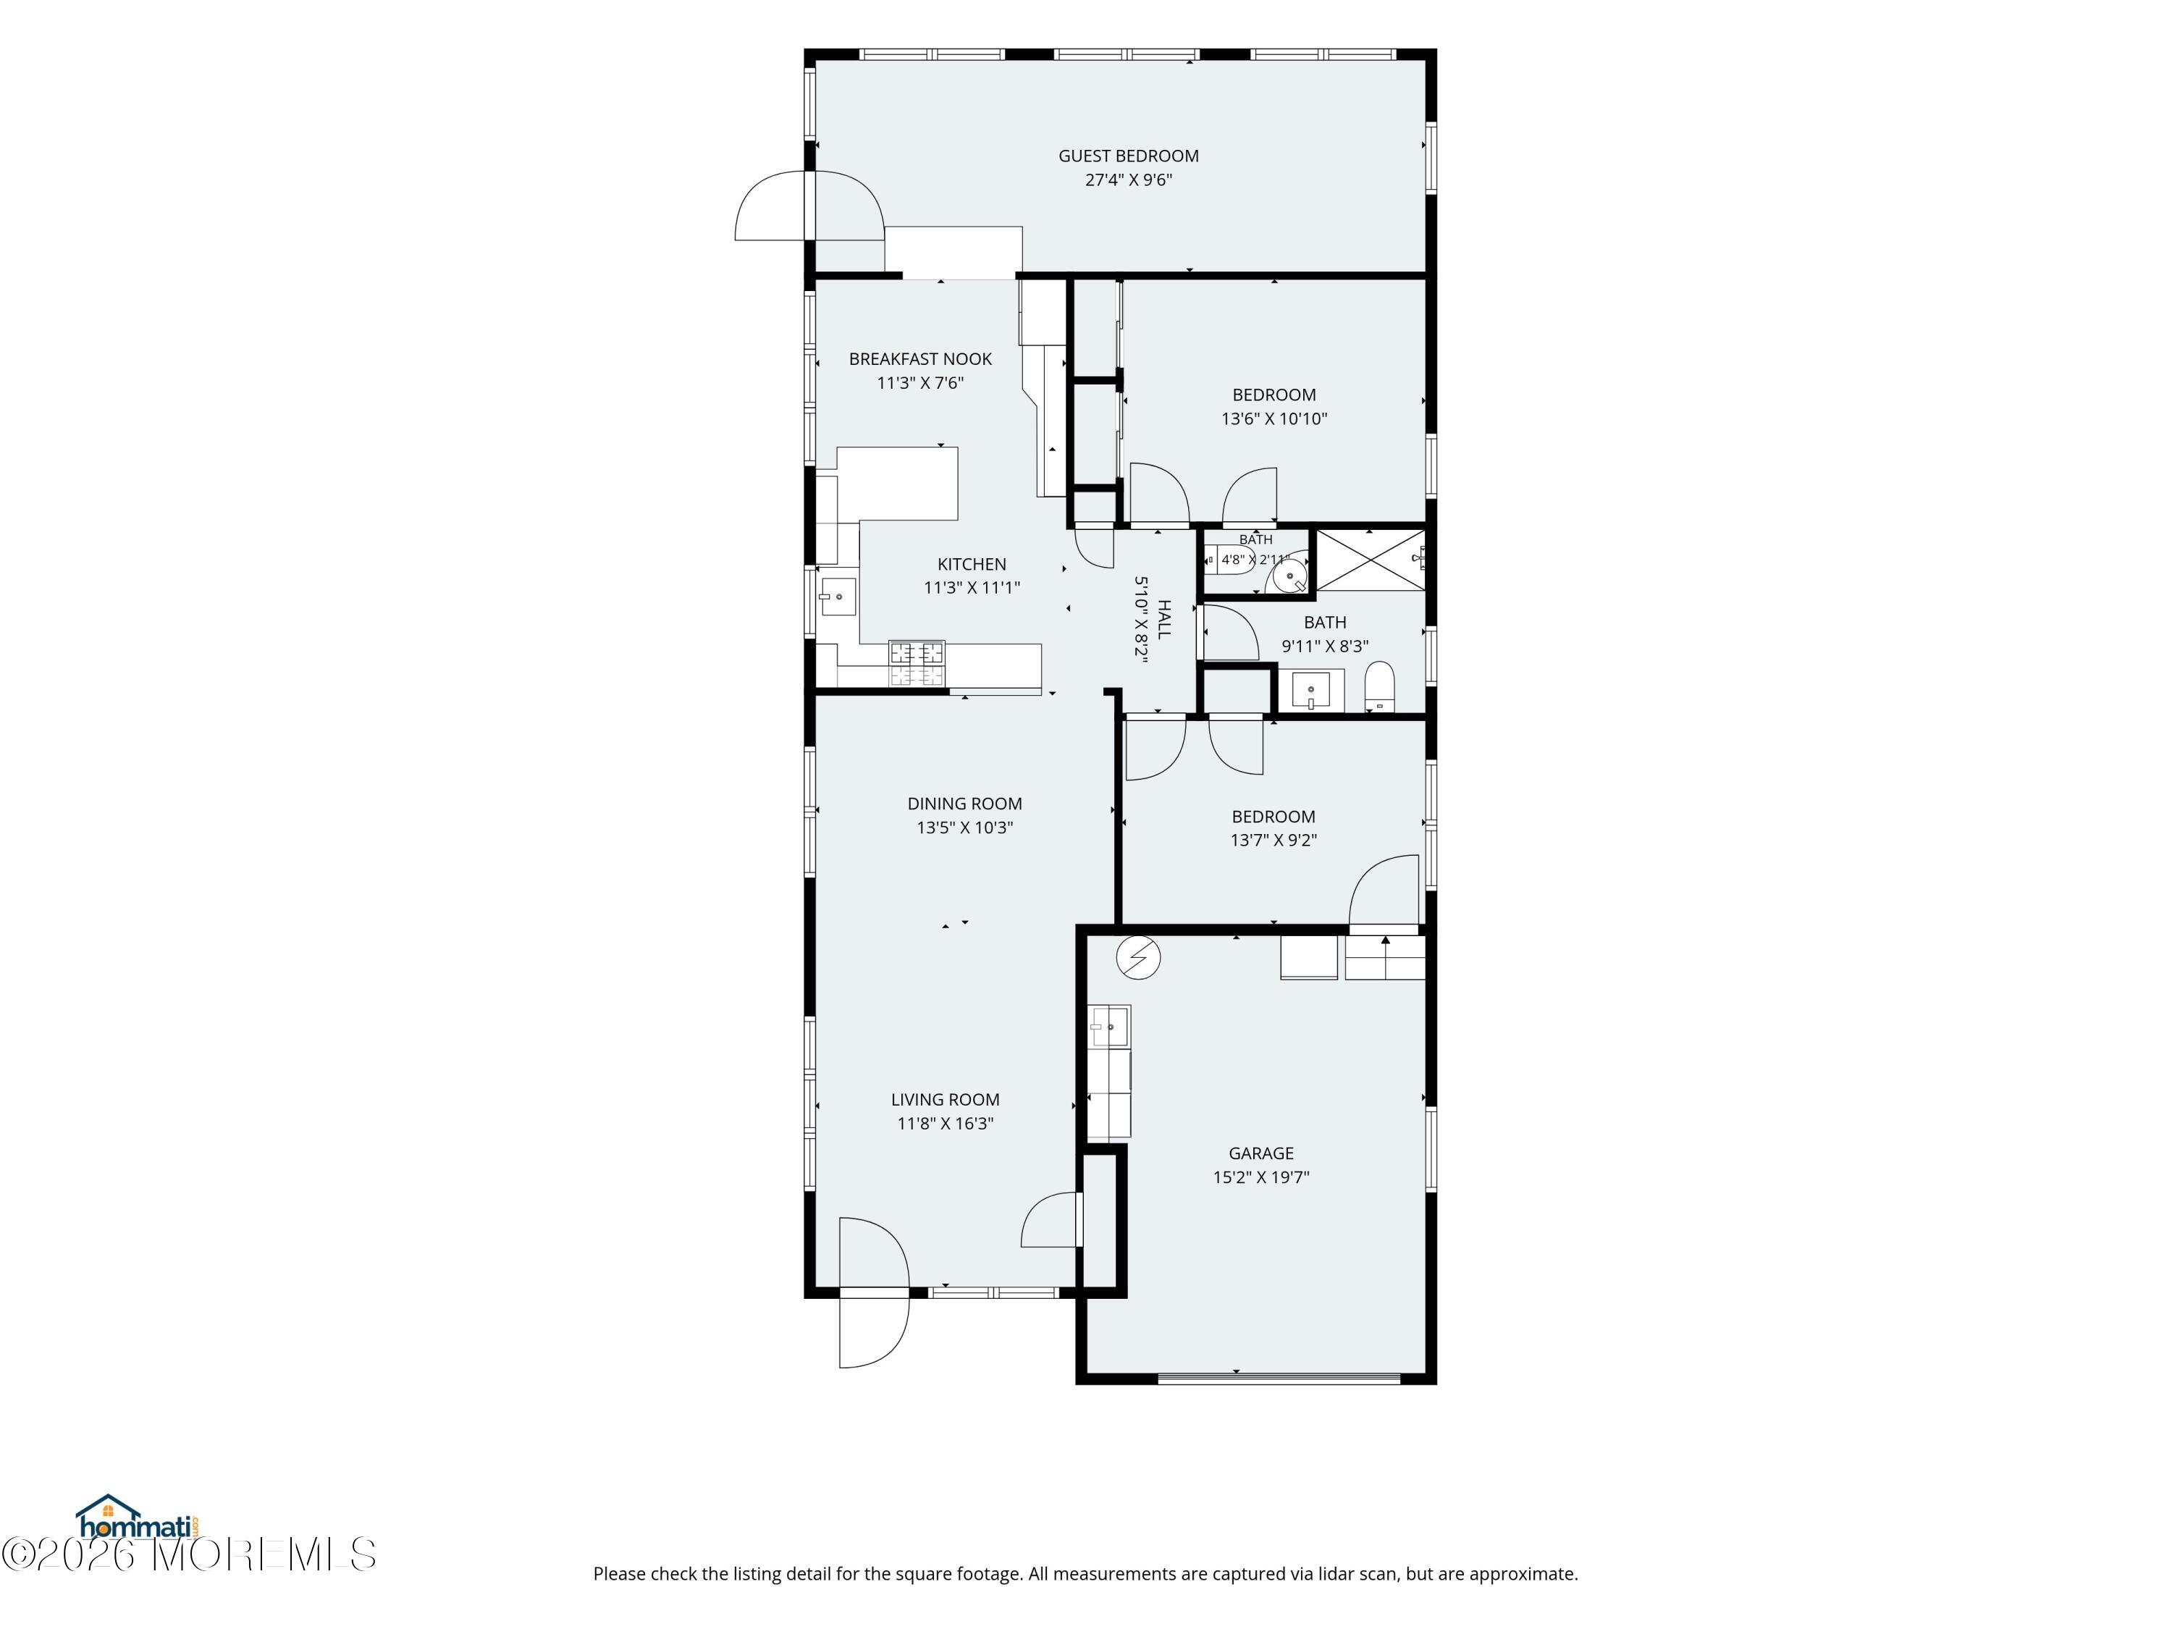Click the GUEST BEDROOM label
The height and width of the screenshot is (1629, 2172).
click(1128, 156)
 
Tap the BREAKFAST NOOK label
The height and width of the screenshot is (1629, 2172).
click(920, 359)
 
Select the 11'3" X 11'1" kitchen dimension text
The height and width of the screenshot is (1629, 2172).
click(971, 588)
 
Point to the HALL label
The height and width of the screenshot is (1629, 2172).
click(1163, 620)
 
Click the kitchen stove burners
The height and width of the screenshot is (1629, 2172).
click(916, 662)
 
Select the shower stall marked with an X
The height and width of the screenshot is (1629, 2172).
click(1369, 560)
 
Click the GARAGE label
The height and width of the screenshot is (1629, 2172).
click(1260, 1154)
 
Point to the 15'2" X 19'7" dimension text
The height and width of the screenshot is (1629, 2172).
click(1260, 1177)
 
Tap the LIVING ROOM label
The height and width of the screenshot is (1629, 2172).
click(945, 1100)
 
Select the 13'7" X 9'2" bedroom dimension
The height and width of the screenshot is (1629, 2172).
click(1274, 841)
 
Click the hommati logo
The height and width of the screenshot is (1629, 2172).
click(138, 1519)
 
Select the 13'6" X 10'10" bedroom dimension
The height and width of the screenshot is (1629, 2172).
click(1274, 419)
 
